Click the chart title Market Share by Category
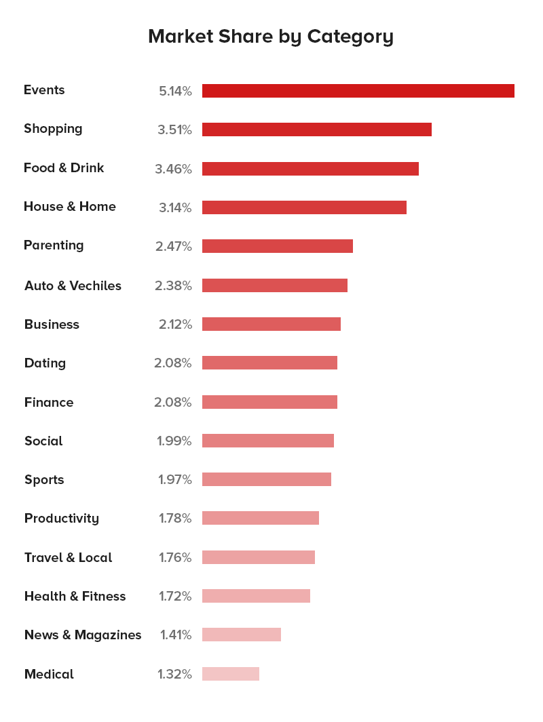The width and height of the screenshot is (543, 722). click(271, 37)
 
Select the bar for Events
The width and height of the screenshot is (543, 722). click(358, 91)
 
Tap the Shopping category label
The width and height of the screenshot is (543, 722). click(53, 129)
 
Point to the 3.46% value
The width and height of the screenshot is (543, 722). click(173, 169)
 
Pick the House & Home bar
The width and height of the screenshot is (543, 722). click(304, 207)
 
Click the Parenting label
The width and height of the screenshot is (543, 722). click(54, 245)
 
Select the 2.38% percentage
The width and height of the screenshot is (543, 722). click(173, 285)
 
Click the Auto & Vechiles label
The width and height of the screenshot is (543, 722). click(73, 285)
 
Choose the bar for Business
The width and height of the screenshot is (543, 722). click(271, 324)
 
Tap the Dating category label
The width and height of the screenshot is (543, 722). click(45, 363)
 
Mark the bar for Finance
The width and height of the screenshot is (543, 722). click(269, 402)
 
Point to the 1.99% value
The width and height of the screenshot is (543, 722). click(174, 441)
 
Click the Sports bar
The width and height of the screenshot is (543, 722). click(266, 479)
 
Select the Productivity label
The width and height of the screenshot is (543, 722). click(62, 519)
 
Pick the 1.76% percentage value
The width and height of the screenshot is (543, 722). click(175, 557)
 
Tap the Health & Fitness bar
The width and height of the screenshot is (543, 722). click(256, 596)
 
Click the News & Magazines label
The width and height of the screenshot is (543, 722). click(83, 635)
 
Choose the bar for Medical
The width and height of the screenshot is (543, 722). click(230, 674)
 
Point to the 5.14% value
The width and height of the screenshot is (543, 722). click(175, 91)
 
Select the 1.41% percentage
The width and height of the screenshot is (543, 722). click(176, 635)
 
